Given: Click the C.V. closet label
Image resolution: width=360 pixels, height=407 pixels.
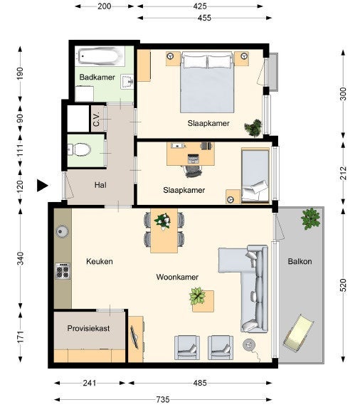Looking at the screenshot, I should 95,119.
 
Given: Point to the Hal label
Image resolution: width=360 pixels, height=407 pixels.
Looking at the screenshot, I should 101,185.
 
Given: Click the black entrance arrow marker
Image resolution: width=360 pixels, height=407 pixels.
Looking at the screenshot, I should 41,186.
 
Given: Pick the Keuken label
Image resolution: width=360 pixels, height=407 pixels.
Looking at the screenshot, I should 100,261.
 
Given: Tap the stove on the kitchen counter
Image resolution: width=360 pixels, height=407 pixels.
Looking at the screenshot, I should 63,271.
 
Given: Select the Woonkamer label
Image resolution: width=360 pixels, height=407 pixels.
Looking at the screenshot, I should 177,277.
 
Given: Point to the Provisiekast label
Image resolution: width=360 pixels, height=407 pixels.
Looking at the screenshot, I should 89,328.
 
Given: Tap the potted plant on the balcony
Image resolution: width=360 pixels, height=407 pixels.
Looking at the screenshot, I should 310,218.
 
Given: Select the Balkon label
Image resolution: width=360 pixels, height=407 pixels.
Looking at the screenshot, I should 300,261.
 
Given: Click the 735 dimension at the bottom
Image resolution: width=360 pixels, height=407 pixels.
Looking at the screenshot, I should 163,399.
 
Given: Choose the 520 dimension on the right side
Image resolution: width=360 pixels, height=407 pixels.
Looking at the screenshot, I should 344,285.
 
